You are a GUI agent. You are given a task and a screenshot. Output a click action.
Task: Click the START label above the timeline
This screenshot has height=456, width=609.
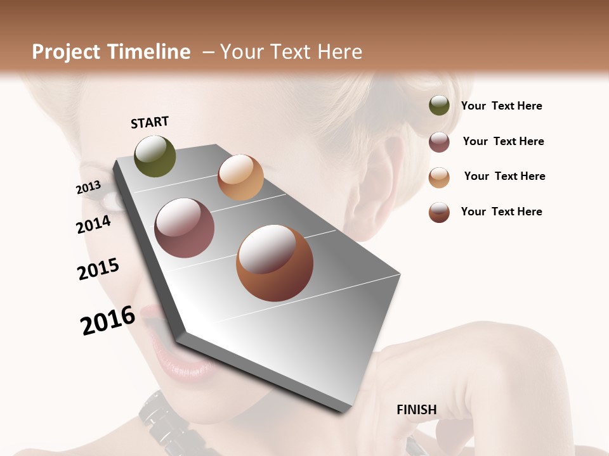coord(150,122)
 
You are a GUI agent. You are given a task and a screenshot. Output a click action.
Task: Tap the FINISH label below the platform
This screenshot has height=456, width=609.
coord(416,410)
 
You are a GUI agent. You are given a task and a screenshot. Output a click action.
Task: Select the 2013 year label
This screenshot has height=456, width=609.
coord(88,187)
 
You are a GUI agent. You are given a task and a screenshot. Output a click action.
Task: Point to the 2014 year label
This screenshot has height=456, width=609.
coord(93,224)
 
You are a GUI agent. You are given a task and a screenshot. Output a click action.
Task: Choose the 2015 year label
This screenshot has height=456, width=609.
coord(98,269)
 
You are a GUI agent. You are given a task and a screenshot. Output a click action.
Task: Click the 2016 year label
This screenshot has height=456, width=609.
coord(108,320)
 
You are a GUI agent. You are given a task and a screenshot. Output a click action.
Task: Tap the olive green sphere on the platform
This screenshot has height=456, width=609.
coord(155,156)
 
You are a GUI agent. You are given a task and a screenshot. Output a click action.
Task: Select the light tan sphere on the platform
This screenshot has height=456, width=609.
coord(240,177)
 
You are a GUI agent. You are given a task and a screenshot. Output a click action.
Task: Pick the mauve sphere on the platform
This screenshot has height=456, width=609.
coord(185,228)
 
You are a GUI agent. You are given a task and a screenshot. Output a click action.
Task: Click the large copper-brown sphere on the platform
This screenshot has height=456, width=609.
coord(274,263)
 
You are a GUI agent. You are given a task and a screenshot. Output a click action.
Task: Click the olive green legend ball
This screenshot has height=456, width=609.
coord(439,106)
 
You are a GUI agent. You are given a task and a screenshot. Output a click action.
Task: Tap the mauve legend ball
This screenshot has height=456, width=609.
coord(439,142)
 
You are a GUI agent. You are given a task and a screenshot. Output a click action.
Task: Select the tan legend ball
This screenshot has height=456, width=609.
coord(439,177)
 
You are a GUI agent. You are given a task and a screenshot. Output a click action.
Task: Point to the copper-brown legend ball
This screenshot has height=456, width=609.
coord(439,212)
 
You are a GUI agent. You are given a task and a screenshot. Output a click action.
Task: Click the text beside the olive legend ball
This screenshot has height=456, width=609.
coord(501,106)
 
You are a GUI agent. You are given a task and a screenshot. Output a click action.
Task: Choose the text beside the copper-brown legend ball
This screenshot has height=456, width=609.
coord(501,212)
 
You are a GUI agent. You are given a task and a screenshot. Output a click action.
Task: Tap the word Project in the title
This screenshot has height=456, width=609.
coord(65,52)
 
